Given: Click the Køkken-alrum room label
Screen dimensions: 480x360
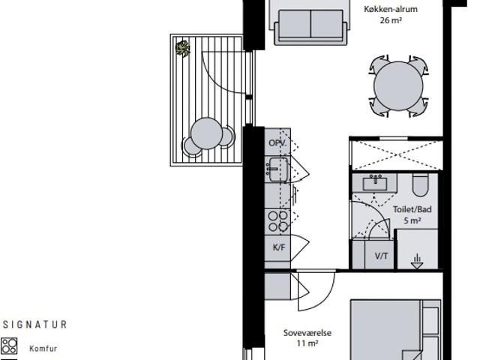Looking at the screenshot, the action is click(x=391, y=9).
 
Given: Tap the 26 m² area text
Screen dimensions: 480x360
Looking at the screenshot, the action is click(x=391, y=20).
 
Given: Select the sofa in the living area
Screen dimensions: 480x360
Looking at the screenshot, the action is click(x=310, y=27).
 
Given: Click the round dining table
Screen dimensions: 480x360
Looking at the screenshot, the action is click(x=398, y=86).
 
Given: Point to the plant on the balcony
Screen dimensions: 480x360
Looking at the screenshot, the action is click(x=182, y=48).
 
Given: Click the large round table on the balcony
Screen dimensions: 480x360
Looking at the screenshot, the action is click(x=206, y=133).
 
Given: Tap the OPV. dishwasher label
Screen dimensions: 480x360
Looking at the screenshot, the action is click(x=277, y=143).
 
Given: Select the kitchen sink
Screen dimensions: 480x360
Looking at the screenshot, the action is click(x=277, y=169).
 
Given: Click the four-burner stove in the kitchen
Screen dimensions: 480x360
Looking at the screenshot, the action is click(x=278, y=221).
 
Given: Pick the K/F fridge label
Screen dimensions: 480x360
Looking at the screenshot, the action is click(x=279, y=247).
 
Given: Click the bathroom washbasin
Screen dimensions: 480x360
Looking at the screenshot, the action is click(x=375, y=183).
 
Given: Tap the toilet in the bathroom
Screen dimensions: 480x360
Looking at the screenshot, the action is click(x=420, y=185).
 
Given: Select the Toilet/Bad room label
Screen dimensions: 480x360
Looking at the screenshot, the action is click(x=412, y=210).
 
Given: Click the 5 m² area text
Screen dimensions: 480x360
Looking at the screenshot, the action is click(x=412, y=220).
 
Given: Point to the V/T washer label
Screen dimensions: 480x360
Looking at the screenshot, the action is click(x=382, y=256).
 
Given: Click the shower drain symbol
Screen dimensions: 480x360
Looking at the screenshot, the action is click(x=417, y=262).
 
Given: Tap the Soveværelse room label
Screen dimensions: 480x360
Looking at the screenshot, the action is click(x=307, y=333).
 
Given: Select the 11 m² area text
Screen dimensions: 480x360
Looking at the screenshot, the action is click(x=307, y=343).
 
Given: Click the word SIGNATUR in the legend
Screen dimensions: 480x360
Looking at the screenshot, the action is click(x=34, y=325).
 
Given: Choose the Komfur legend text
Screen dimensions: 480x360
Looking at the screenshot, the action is click(x=43, y=348).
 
